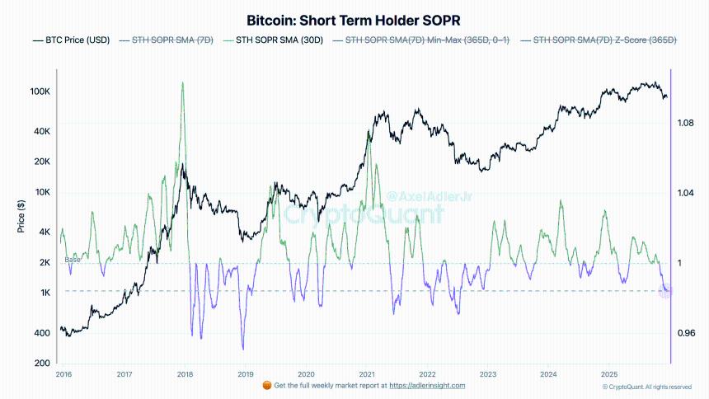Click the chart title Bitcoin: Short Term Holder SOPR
pos(354,19)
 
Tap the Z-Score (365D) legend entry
pos(603,40)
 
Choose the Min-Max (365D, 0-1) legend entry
pos(420,40)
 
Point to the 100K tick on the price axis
pos(40,92)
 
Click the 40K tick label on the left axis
pos(42,132)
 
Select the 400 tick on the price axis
pos(43,333)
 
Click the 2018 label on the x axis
pos(185,373)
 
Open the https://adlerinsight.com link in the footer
pos(426,385)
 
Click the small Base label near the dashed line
pos(73,260)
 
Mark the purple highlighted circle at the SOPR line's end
pos(667,290)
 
